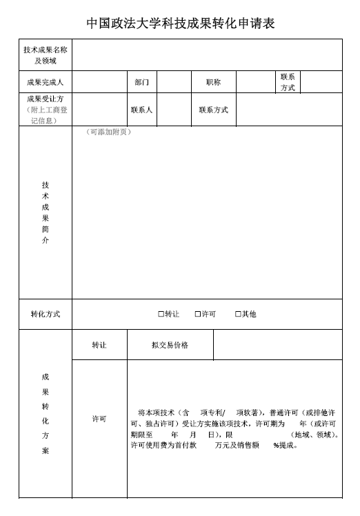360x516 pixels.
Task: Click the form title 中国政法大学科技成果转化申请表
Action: pos(180,23)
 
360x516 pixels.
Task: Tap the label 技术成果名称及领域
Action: pos(46,55)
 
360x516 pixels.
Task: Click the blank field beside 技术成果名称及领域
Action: pos(207,55)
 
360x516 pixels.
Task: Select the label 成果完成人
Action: pos(46,82)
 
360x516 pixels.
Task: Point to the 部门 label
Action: pos(141,82)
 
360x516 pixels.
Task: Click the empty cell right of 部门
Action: pos(173,82)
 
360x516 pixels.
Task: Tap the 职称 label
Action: pos(213,82)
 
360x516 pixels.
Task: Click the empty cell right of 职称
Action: pos(254,82)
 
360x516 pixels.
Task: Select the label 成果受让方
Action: pos(46,99)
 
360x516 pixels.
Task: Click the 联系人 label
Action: pos(141,110)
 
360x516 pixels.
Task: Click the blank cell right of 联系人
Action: pos(173,110)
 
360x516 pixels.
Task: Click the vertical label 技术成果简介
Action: pos(46,212)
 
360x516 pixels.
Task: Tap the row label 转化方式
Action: pos(46,314)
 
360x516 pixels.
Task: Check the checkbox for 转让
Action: pos(161,314)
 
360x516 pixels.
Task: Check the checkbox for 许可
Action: pos(198,314)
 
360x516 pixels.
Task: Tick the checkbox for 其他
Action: pos(238,314)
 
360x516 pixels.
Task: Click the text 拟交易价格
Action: pos(170,345)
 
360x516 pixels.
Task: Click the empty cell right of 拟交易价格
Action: pos(277,345)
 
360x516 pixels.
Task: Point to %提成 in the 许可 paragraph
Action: pos(285,445)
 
